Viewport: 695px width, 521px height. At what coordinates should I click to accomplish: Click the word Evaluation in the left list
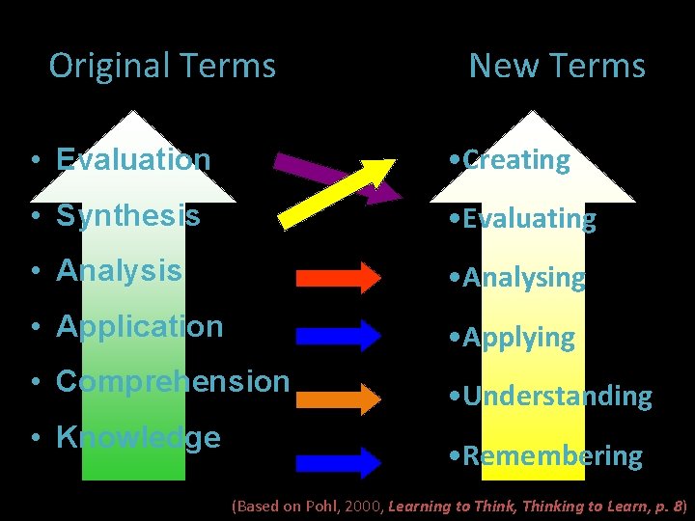pos(133,159)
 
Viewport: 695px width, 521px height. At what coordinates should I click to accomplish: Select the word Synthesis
pos(128,215)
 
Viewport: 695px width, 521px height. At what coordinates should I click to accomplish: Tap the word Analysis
pos(119,271)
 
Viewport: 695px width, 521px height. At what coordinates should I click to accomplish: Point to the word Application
pos(139,327)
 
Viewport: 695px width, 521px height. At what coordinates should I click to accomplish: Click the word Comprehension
pos(173,382)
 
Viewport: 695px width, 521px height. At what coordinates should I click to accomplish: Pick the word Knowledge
pos(138,438)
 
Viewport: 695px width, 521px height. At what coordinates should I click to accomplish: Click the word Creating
pos(516,160)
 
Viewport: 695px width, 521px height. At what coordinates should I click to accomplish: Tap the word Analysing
pos(524,279)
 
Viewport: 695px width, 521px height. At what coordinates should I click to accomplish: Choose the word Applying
pos(518,338)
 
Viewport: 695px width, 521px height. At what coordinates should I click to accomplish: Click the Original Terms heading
pos(162,66)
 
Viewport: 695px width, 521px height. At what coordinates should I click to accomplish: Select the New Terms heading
pos(557,66)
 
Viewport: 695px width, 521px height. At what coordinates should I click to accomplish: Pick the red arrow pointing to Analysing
pos(338,278)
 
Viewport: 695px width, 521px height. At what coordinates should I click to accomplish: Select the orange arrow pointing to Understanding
pos(338,397)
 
